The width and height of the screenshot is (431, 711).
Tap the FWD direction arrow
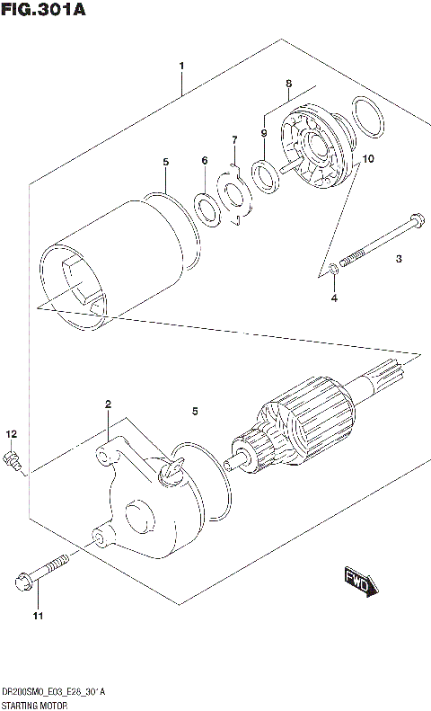[x=359, y=582]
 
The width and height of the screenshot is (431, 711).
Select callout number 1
[x=180, y=67]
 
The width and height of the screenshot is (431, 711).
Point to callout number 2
[x=108, y=404]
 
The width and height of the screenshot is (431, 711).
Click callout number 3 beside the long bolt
[x=399, y=260]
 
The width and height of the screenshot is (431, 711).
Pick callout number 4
[x=333, y=298]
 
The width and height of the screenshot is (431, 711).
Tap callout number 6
[x=204, y=161]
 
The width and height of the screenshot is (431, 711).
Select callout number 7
[x=234, y=140]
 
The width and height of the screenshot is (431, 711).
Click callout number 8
[x=288, y=84]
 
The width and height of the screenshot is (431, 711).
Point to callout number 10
[x=368, y=159]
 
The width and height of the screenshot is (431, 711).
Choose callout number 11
[x=37, y=616]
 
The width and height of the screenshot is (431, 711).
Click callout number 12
[x=11, y=434]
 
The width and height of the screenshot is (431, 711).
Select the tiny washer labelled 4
[x=333, y=267]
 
